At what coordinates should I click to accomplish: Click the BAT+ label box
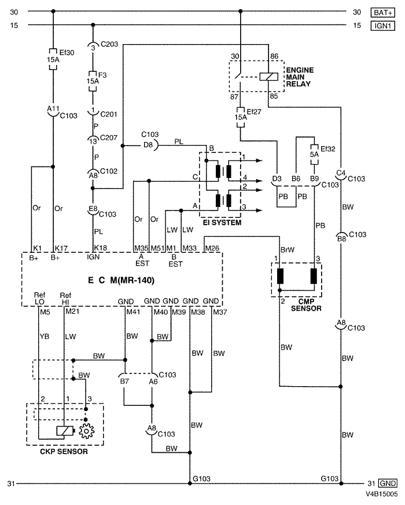coord(383,13)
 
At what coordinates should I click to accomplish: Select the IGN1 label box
coord(383,26)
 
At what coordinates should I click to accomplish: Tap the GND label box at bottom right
coord(388,484)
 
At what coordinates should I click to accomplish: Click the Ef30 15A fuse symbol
coord(53,59)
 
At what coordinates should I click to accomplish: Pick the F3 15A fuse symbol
coord(93,81)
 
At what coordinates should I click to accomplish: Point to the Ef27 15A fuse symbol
coord(241,117)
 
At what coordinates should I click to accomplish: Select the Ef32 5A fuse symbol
coord(314,154)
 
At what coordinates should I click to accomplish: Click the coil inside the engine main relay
coord(268,77)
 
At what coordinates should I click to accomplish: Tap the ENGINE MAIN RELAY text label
coord(300,77)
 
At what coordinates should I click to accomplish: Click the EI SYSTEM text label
coord(222,223)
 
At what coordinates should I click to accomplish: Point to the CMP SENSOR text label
coord(306,305)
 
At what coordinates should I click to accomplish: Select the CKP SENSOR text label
coord(64,452)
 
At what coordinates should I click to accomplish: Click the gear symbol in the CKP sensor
coord(86,431)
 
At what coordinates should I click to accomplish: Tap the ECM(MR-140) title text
coord(121,280)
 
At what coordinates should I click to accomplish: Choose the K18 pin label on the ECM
coord(100,248)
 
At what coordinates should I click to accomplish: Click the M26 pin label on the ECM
coord(212,248)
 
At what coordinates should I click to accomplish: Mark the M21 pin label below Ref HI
coord(72,311)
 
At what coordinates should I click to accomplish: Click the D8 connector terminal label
coord(148,145)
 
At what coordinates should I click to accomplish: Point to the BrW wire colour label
coord(288,250)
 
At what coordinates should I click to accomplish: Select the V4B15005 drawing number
coord(381,494)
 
